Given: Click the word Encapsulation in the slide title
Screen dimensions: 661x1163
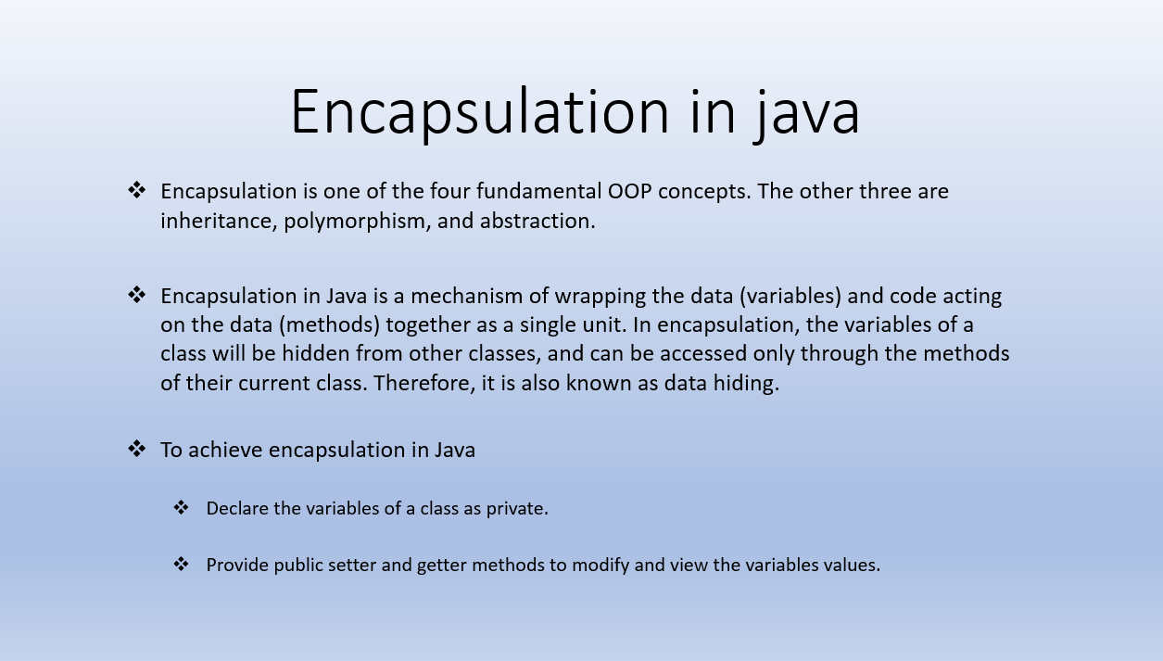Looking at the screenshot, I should coord(479,112).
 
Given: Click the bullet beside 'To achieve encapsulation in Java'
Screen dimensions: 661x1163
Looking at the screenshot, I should coord(137,450).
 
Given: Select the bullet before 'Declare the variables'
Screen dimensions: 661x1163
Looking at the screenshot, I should coord(182,508).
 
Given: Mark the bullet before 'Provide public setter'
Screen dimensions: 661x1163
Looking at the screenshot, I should coord(182,565).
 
